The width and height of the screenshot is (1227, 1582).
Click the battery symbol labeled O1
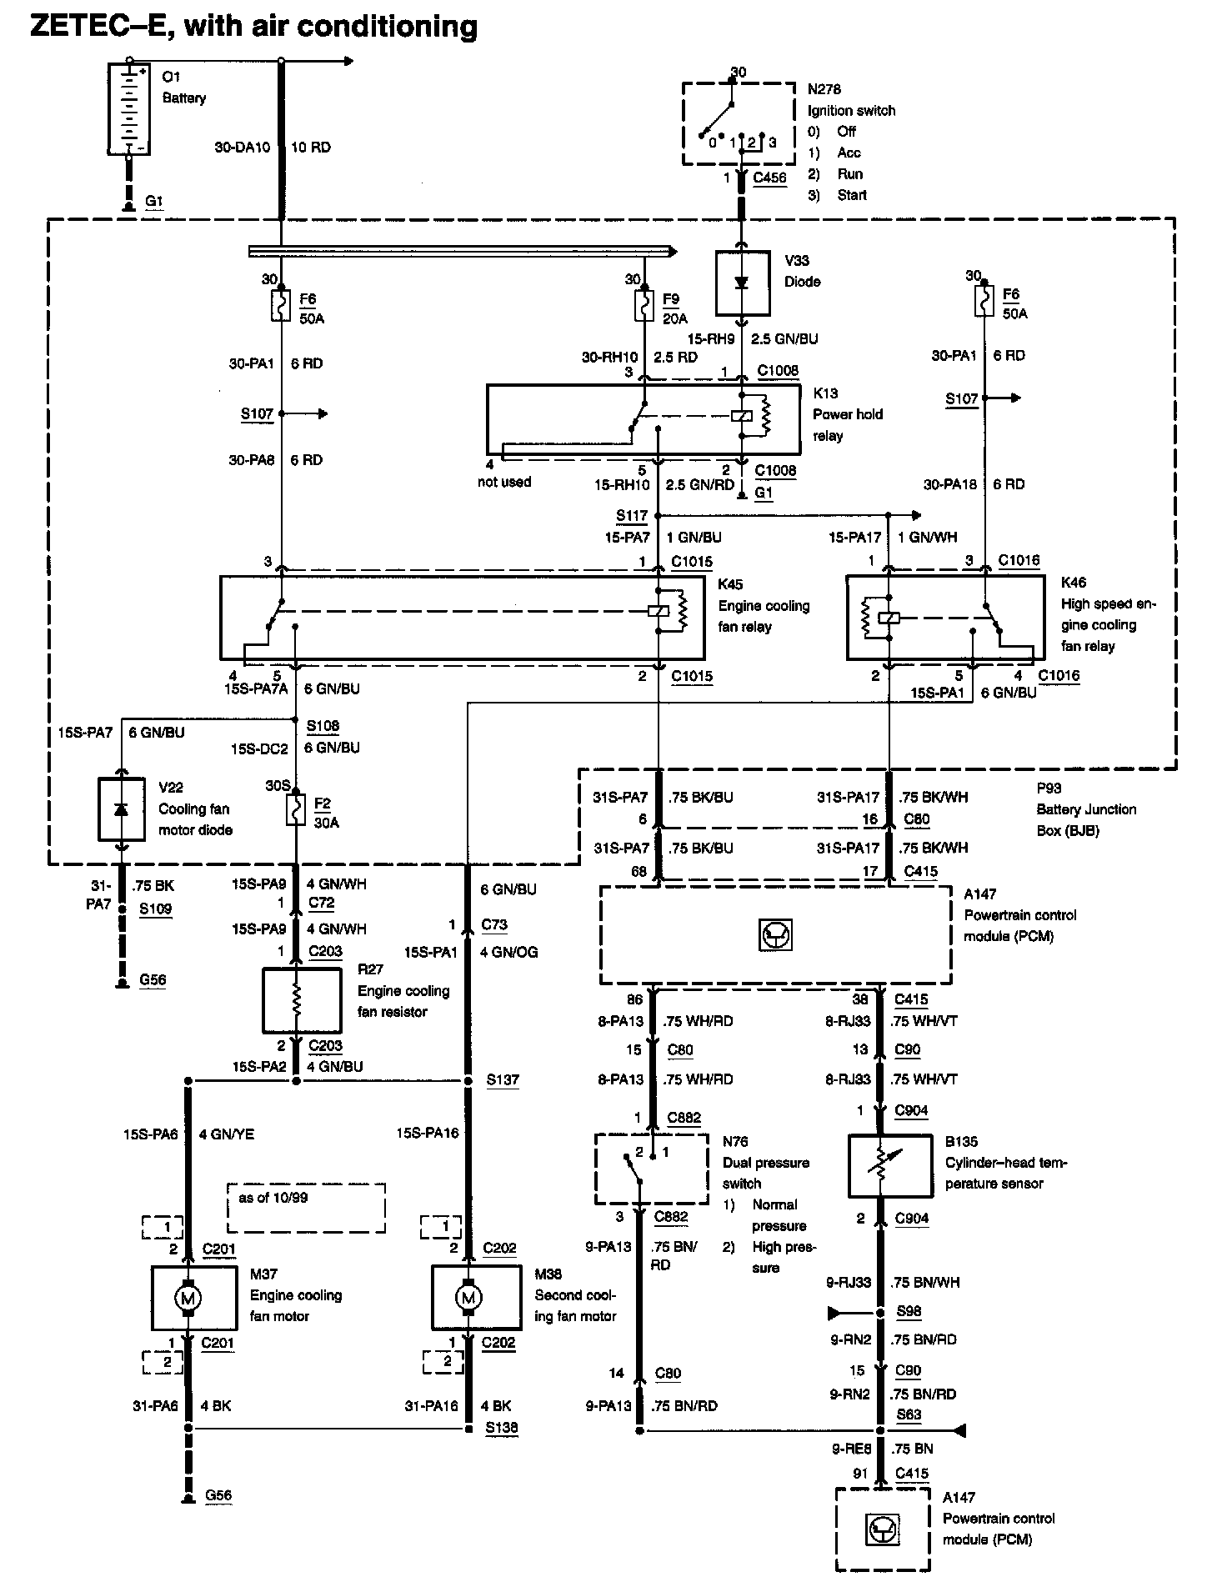click(129, 108)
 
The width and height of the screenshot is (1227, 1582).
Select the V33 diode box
click(742, 283)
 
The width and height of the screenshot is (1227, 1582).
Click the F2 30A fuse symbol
click(296, 809)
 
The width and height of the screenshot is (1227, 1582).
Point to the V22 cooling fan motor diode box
click(121, 809)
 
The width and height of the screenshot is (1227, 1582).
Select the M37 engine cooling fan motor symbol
click(188, 1298)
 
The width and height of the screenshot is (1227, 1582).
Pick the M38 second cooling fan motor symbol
click(468, 1298)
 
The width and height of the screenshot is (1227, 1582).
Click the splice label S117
click(632, 516)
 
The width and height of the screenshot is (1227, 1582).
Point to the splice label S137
click(503, 1080)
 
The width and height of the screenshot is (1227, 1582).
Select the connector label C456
click(769, 178)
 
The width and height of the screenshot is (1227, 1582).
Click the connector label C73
click(494, 924)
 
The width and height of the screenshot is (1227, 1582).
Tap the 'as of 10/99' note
click(273, 1198)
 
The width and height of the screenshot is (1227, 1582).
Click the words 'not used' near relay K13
click(504, 482)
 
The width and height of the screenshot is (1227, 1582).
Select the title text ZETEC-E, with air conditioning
click(254, 27)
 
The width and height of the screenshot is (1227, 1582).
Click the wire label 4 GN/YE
click(227, 1134)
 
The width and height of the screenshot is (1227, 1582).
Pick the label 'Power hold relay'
click(848, 425)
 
